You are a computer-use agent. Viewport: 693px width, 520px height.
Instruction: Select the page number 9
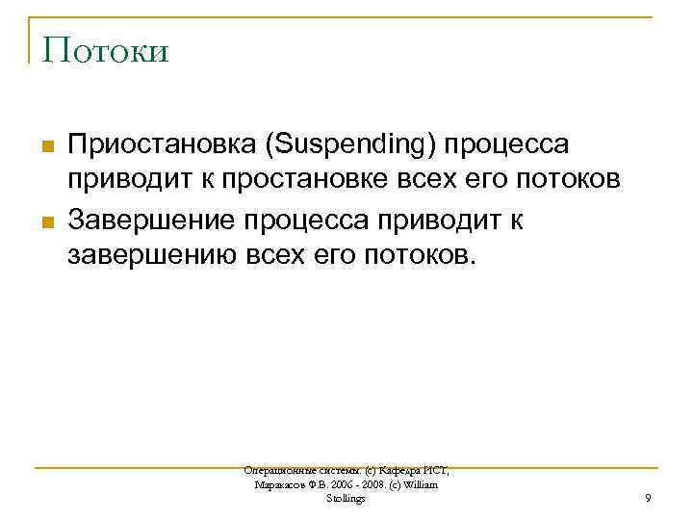coord(648,498)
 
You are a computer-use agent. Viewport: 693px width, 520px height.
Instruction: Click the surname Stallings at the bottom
coord(346,498)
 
